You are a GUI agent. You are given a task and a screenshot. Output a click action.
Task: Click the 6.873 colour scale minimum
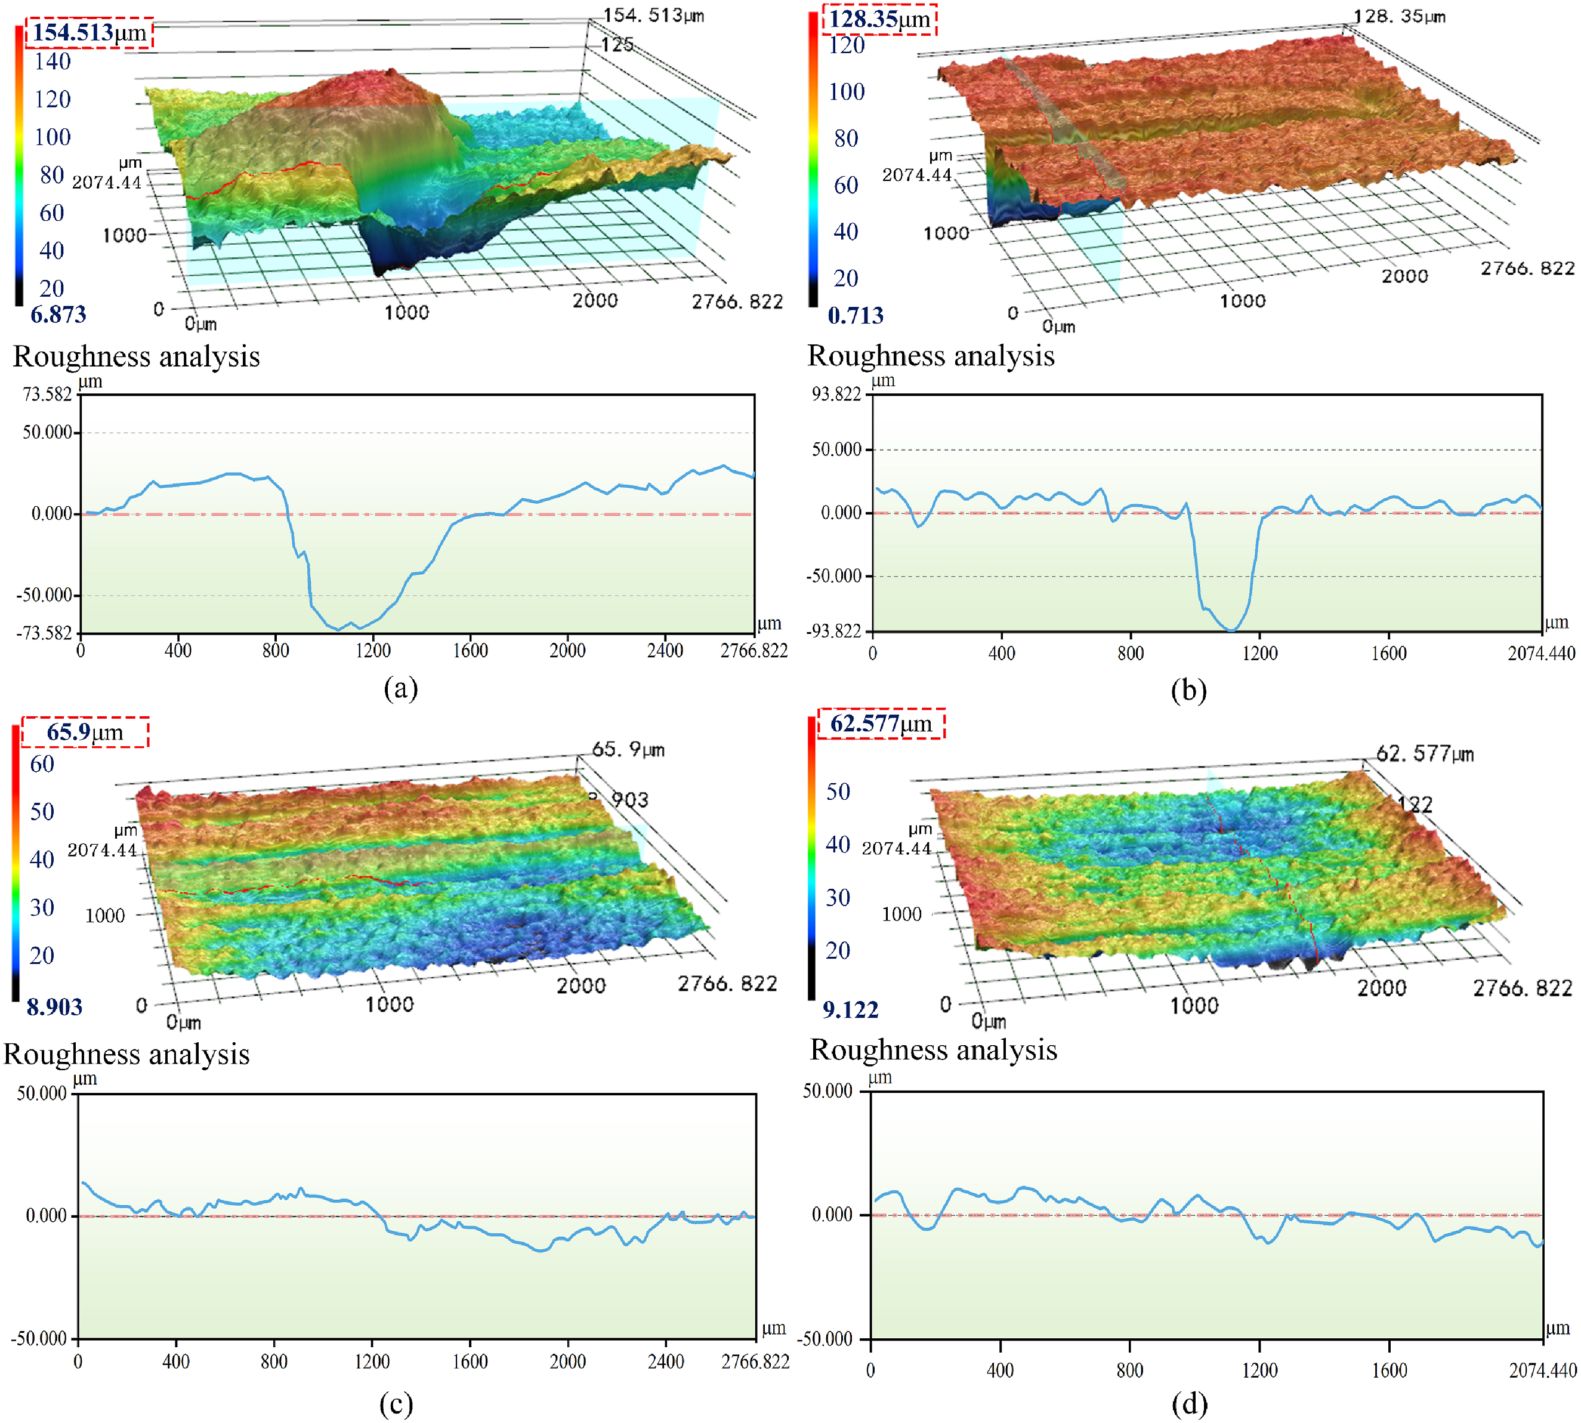(58, 315)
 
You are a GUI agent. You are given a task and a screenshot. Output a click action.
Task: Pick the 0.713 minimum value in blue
(856, 315)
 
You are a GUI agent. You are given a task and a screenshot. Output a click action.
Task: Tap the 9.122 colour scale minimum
(850, 1009)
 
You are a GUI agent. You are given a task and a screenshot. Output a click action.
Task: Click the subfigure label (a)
(401, 688)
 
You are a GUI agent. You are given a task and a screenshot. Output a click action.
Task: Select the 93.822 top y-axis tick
(836, 394)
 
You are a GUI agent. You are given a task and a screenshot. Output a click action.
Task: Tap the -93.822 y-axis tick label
(833, 631)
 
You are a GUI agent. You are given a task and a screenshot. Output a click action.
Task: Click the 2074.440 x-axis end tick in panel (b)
(1541, 654)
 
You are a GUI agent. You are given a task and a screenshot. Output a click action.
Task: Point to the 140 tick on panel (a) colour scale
(53, 61)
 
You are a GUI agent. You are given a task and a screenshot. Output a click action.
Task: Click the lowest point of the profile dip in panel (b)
(1231, 630)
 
